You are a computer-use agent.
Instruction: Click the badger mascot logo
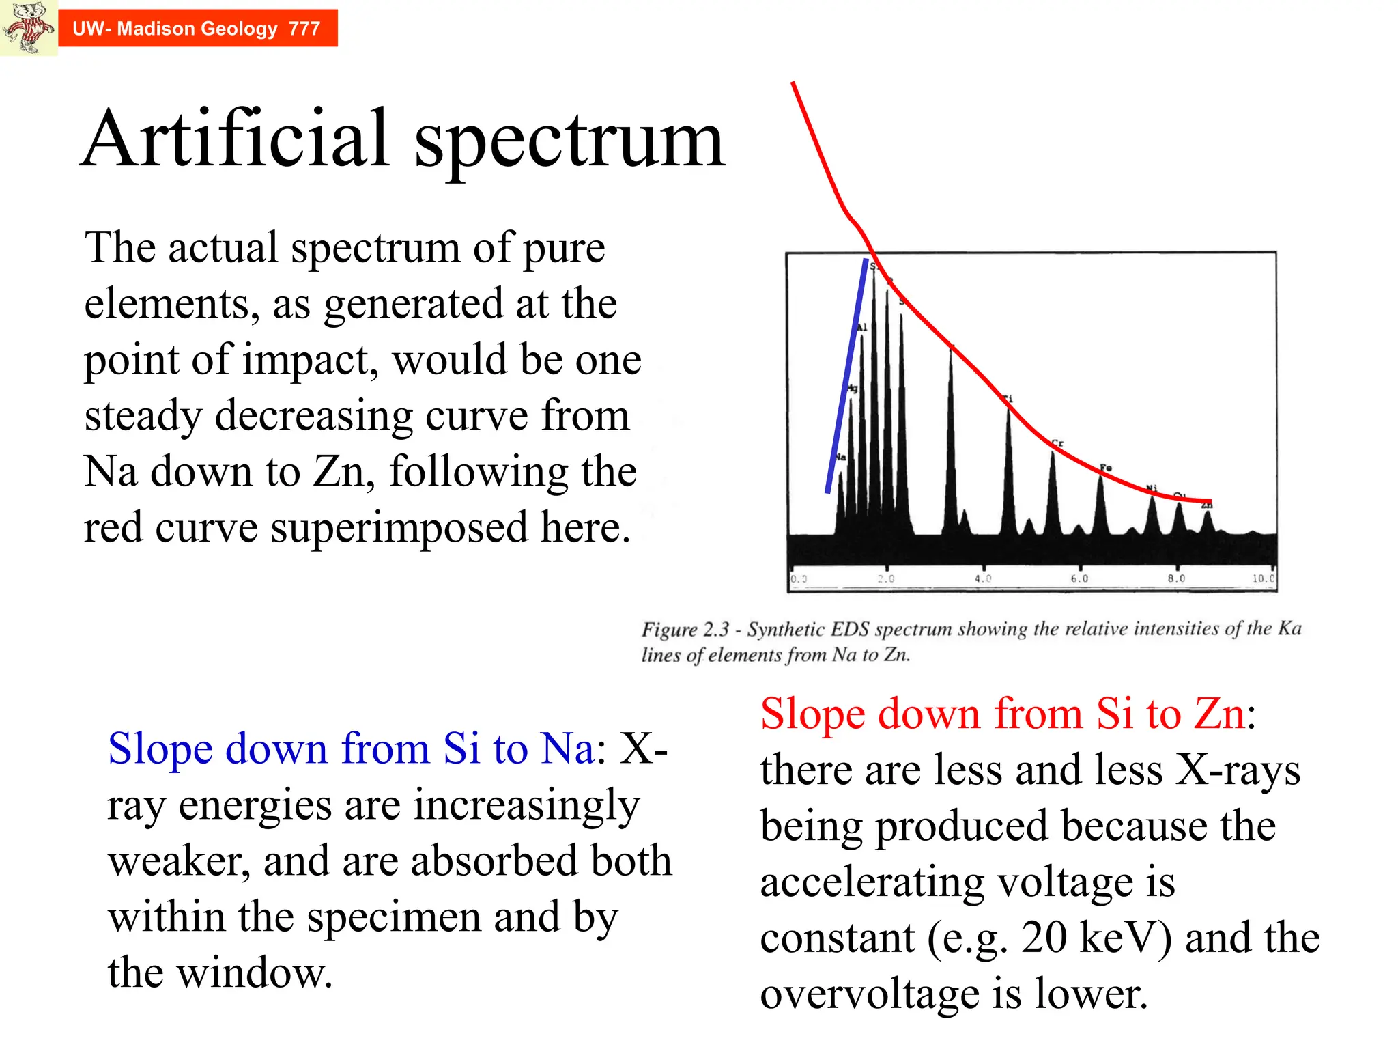click(28, 27)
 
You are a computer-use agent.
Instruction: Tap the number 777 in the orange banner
click(304, 29)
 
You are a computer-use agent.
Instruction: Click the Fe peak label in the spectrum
click(1106, 468)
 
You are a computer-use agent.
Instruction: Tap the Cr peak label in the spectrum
click(1057, 443)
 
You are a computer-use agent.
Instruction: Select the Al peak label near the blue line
click(861, 327)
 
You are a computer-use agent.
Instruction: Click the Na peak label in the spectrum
click(840, 456)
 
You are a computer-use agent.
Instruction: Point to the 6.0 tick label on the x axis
click(1079, 578)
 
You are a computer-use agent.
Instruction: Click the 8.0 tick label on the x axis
click(1176, 578)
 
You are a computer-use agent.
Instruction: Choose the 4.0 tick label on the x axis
click(983, 578)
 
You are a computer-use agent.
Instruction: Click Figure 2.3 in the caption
click(685, 629)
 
